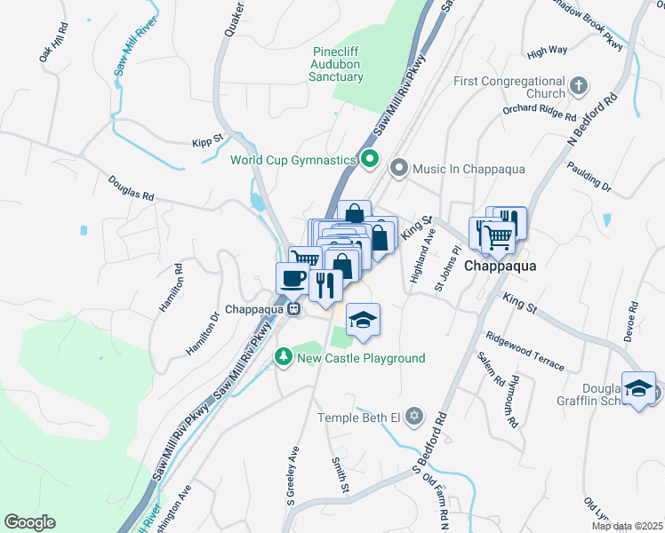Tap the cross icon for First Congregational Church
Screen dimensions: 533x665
[x=579, y=86]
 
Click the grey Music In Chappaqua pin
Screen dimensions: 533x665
[x=399, y=168]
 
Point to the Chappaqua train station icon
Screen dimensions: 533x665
[x=292, y=309]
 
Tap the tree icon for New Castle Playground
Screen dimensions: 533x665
[x=284, y=357]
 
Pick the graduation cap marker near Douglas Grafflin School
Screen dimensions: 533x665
[x=639, y=388]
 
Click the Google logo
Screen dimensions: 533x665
[x=29, y=522]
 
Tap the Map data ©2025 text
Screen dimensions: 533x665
[x=628, y=526]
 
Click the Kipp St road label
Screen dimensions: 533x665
[x=207, y=142]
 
